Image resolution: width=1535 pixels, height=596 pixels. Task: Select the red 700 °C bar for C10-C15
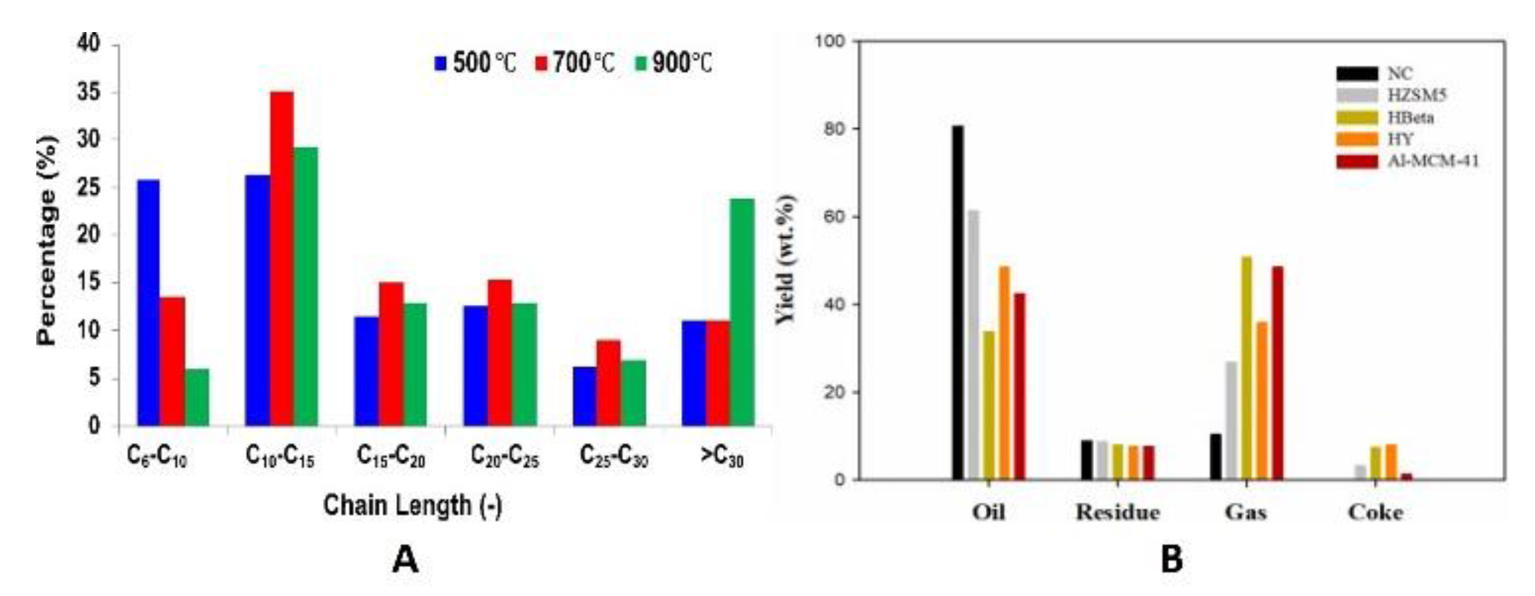(282, 259)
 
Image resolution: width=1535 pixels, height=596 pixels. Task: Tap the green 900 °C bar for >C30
(742, 313)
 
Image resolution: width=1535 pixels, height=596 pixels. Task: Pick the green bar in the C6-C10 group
(197, 397)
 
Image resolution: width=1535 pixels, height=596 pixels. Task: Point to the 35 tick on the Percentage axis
(89, 93)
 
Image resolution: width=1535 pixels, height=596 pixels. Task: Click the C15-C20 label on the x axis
(391, 457)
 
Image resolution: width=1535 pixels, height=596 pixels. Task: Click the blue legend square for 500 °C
(441, 63)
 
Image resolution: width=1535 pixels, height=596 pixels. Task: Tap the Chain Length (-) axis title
(412, 506)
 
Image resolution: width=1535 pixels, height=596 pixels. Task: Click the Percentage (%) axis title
(46, 241)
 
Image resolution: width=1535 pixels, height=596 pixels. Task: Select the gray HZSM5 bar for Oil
(973, 345)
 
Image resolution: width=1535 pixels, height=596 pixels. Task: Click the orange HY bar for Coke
(1391, 462)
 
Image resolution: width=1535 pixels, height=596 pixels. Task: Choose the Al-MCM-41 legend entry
(1433, 161)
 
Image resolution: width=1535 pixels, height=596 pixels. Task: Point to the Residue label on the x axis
(1117, 513)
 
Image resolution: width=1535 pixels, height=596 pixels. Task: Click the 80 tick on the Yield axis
(837, 129)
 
